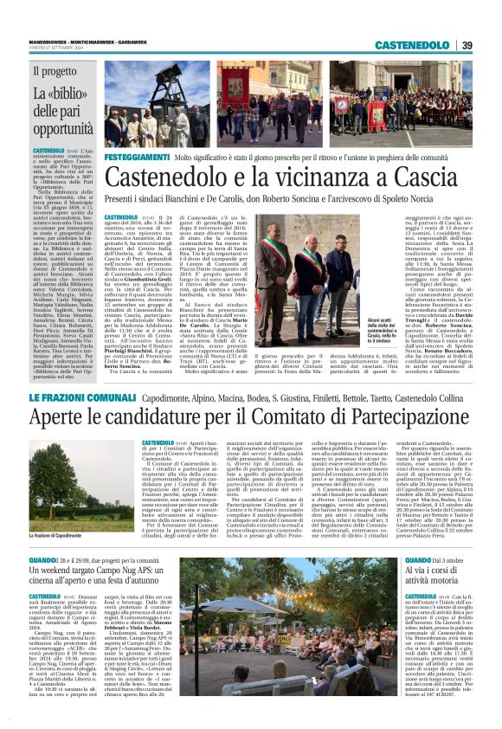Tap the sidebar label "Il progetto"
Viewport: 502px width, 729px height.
click(x=55, y=72)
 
